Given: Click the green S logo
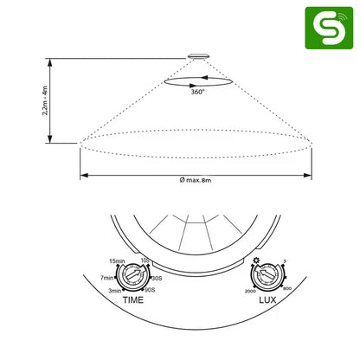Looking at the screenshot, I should click(328, 28).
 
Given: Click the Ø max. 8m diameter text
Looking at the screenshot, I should click(196, 180).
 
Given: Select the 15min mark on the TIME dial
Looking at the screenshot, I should click(119, 260).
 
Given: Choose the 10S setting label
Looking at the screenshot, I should click(147, 260).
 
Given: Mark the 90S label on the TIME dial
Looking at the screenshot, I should click(150, 291).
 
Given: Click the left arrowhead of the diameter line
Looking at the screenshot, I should click(83, 175).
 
